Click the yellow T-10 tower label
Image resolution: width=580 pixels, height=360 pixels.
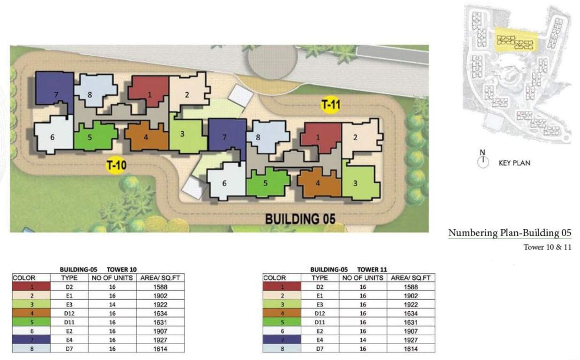[115, 165]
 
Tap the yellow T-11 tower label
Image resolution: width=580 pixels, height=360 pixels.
[330, 105]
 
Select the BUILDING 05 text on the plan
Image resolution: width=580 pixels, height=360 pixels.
[300, 219]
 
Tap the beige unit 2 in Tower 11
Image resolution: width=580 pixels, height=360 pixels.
[358, 137]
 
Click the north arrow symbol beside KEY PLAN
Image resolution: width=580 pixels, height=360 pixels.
[483, 162]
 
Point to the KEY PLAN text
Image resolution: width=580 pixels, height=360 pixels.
[514, 163]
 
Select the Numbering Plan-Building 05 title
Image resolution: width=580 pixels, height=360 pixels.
[510, 233]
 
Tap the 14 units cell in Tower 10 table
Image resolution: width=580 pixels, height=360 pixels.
[112, 304]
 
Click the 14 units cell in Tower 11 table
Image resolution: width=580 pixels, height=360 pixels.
[363, 339]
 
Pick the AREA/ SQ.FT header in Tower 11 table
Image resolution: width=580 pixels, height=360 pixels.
[410, 278]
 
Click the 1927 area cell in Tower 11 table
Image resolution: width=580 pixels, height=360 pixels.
[410, 339]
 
